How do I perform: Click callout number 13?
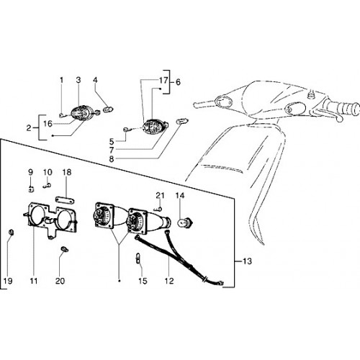(247, 261)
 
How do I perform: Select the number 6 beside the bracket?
(178, 82)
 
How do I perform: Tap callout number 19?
(8, 281)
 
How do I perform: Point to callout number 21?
(161, 196)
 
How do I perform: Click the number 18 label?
(67, 172)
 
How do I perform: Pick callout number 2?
(29, 128)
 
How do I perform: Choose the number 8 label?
(112, 159)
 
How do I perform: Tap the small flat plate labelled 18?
(66, 200)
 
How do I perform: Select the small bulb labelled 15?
(138, 258)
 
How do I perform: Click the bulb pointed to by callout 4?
(109, 110)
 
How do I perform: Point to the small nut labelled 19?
(11, 233)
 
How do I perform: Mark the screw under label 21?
(158, 210)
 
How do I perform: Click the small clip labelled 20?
(64, 249)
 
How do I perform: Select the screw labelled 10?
(47, 186)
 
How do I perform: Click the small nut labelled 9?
(31, 189)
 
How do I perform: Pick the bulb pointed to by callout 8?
(183, 121)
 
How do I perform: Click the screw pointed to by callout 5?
(127, 130)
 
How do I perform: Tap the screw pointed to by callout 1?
(62, 115)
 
